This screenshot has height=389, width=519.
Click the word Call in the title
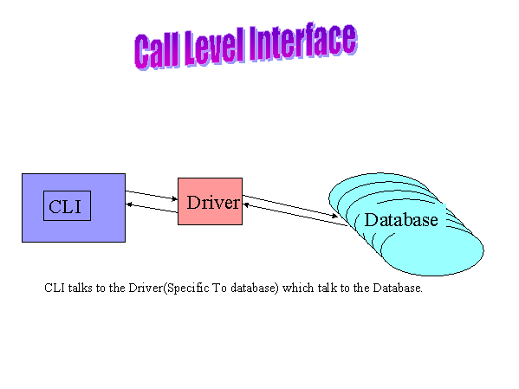[156, 50]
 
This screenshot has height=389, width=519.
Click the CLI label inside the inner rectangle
[65, 206]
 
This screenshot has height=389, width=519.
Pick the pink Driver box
[210, 201]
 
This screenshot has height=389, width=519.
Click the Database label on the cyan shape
[401, 220]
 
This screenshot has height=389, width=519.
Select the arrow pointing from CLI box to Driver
[152, 195]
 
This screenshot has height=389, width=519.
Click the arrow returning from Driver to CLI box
[152, 208]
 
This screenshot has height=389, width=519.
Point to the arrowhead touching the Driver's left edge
[175, 198]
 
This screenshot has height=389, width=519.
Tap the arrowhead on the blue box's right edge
[129, 204]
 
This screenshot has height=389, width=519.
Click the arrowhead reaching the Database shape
[335, 217]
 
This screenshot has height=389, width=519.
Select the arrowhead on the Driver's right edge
[246, 205]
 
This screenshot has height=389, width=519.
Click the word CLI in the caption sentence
[55, 288]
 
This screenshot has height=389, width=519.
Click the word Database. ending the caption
[398, 288]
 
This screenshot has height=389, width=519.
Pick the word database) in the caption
[255, 288]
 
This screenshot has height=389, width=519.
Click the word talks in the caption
[81, 288]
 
